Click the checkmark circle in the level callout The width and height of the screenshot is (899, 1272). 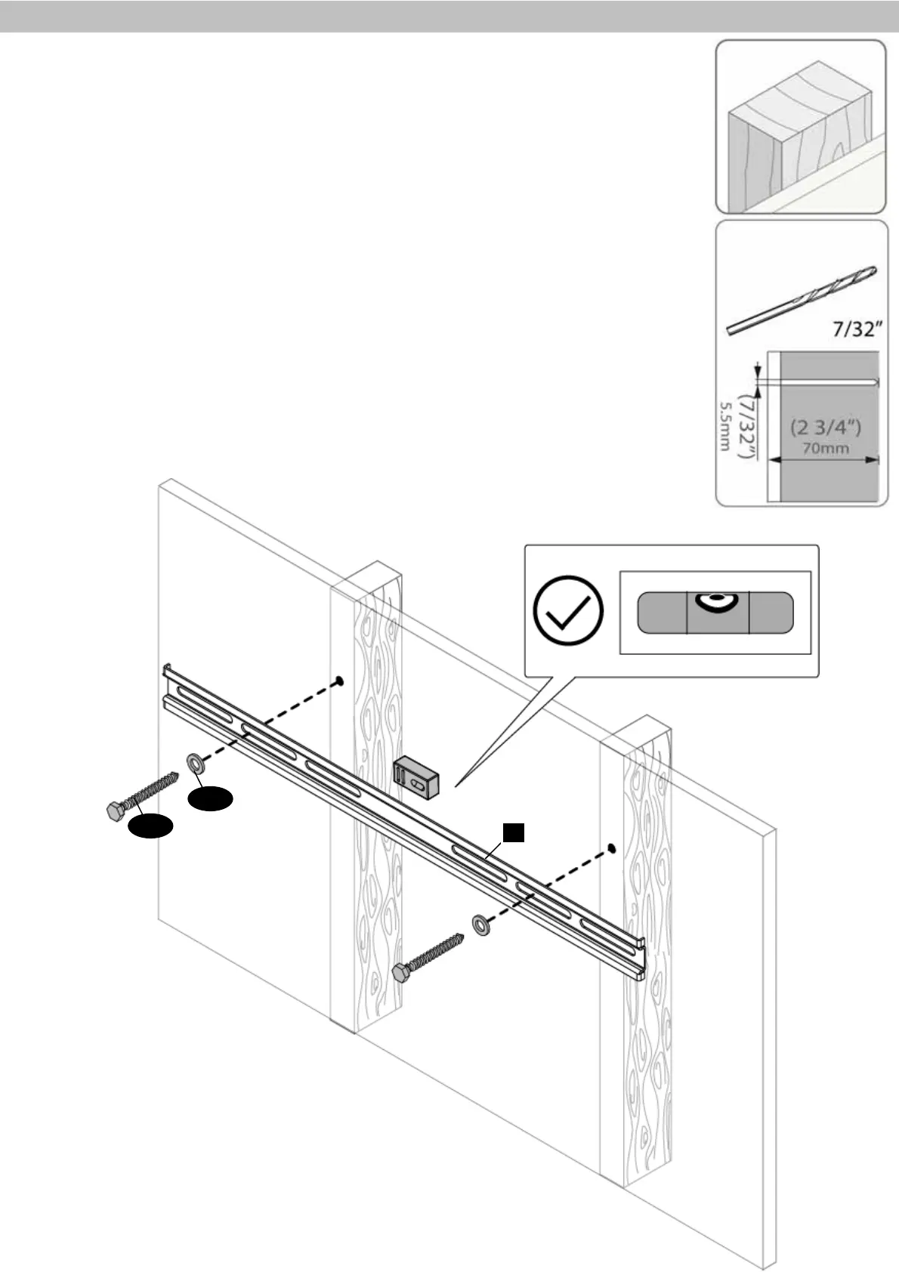[x=568, y=610]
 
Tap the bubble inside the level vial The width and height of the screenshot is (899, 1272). [x=717, y=601]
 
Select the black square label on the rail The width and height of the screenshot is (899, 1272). [x=514, y=832]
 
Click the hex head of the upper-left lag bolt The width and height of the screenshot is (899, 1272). [x=115, y=811]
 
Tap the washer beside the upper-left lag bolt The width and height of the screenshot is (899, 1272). [x=196, y=762]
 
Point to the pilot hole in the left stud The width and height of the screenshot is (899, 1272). [x=340, y=681]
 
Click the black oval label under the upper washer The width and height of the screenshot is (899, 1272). [x=211, y=799]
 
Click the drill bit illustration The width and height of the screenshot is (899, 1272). [x=801, y=300]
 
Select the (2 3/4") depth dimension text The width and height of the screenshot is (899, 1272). [x=826, y=428]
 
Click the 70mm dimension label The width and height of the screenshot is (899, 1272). [x=826, y=448]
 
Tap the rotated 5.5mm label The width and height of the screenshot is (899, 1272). [x=724, y=426]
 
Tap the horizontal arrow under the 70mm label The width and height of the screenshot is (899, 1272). [x=823, y=458]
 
